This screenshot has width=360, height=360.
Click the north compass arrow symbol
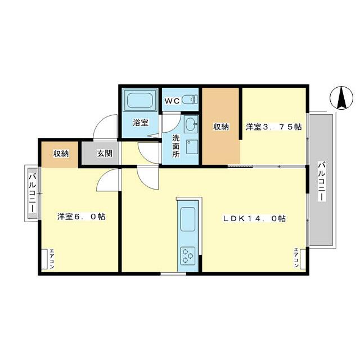(x=341, y=98)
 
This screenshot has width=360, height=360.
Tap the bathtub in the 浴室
(x=140, y=100)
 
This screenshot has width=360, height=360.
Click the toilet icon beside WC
(x=190, y=100)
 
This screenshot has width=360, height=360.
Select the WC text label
(x=172, y=101)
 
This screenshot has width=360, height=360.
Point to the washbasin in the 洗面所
(x=191, y=124)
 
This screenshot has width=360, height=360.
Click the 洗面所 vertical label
(x=176, y=146)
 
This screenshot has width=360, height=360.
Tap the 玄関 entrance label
(x=105, y=154)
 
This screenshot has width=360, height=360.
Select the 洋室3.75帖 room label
(x=274, y=127)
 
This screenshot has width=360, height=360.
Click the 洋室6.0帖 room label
(x=81, y=217)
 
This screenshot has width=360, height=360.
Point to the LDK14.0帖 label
(x=255, y=218)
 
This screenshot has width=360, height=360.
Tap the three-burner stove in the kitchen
(x=188, y=256)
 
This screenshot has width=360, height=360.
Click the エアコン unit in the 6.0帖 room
(x=44, y=259)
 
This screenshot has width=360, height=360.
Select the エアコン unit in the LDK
(x=303, y=259)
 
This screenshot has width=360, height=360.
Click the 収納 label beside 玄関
(x=61, y=154)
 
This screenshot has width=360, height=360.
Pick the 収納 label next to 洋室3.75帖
(x=221, y=127)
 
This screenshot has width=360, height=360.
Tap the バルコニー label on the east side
(x=322, y=181)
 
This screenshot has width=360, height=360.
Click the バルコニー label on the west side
(x=33, y=193)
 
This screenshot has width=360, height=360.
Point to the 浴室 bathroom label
(x=141, y=123)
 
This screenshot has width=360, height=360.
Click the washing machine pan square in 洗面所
(x=192, y=147)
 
